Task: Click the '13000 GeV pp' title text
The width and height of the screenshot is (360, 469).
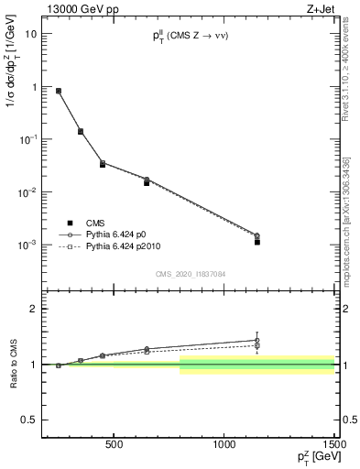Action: click(82, 9)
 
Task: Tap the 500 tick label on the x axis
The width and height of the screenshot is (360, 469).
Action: click(115, 445)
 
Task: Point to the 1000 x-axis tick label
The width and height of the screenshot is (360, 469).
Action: click(224, 445)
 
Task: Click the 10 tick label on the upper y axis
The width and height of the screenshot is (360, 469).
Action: click(31, 34)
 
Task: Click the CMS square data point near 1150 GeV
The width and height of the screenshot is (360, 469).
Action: click(257, 242)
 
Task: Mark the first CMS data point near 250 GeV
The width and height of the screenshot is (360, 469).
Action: click(59, 91)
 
